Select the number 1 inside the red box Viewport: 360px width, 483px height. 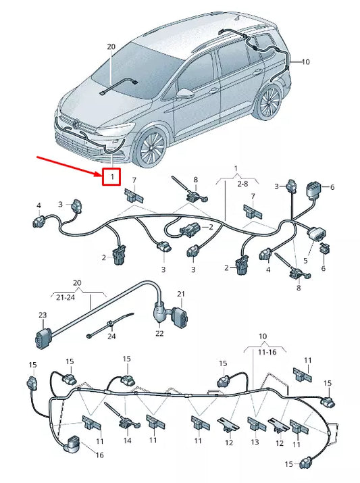click(111, 177)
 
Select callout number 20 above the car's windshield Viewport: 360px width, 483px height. click(111, 47)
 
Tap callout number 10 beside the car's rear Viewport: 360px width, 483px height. click(305, 61)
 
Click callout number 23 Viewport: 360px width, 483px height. click(43, 315)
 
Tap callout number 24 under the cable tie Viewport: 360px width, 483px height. click(111, 336)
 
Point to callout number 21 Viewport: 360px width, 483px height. click(180, 293)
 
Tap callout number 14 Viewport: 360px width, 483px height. click(128, 440)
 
